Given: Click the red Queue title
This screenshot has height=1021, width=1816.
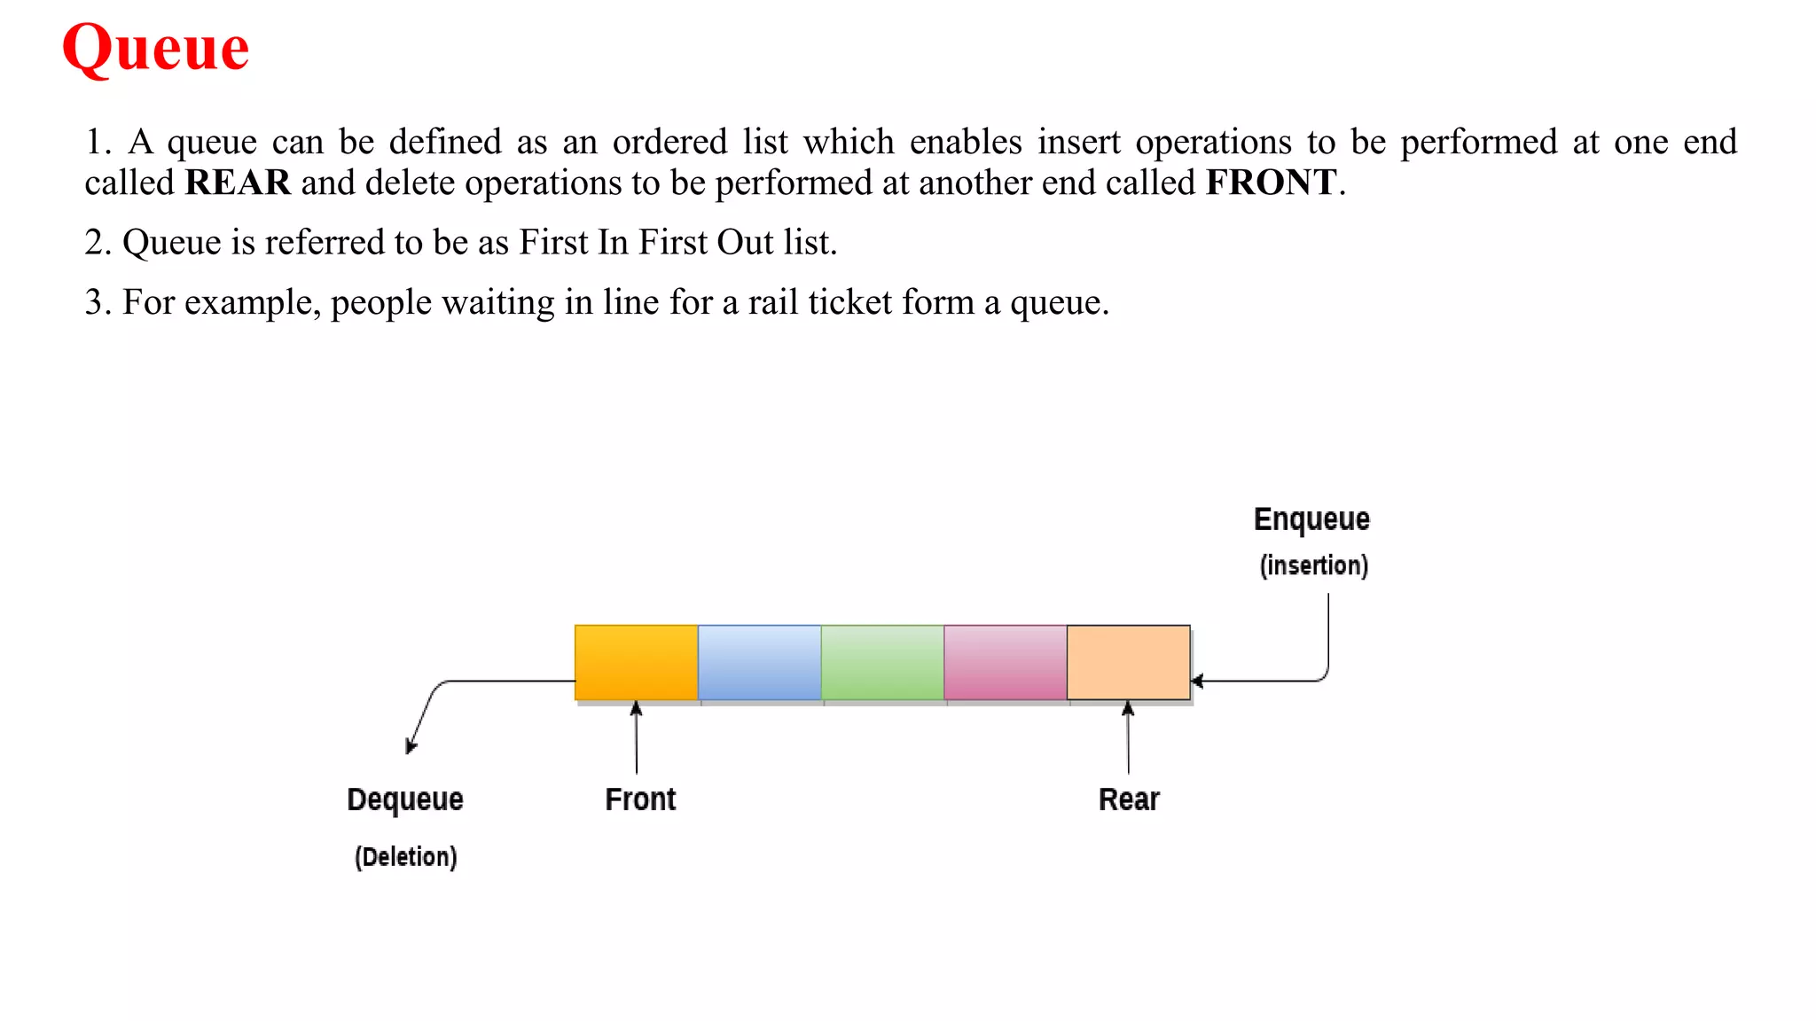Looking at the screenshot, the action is (156, 48).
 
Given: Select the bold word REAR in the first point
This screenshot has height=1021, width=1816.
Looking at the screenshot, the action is (238, 183).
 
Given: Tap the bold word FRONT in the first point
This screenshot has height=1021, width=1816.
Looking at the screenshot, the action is (1271, 183).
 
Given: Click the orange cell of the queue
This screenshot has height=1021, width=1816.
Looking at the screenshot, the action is (636, 662).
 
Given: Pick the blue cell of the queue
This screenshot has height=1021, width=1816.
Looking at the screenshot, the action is (759, 662).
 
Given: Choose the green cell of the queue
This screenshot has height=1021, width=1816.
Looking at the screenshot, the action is (882, 662).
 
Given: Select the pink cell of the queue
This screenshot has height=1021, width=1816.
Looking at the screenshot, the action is (1006, 662).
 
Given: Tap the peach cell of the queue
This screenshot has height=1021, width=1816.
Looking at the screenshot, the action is (1128, 662).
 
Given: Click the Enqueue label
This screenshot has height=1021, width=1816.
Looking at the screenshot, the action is (1311, 519).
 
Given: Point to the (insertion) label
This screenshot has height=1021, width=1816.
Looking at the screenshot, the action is (1314, 565).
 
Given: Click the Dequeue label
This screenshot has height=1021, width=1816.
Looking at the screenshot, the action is (405, 799).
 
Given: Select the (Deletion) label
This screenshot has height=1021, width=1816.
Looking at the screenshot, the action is (406, 857).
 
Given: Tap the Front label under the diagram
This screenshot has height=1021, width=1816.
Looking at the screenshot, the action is (640, 799).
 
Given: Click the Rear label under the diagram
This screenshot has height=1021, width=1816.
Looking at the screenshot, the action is (1129, 799).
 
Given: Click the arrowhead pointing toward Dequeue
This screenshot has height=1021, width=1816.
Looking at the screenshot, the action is (411, 746).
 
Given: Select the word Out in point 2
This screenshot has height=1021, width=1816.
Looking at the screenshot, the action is (745, 242).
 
